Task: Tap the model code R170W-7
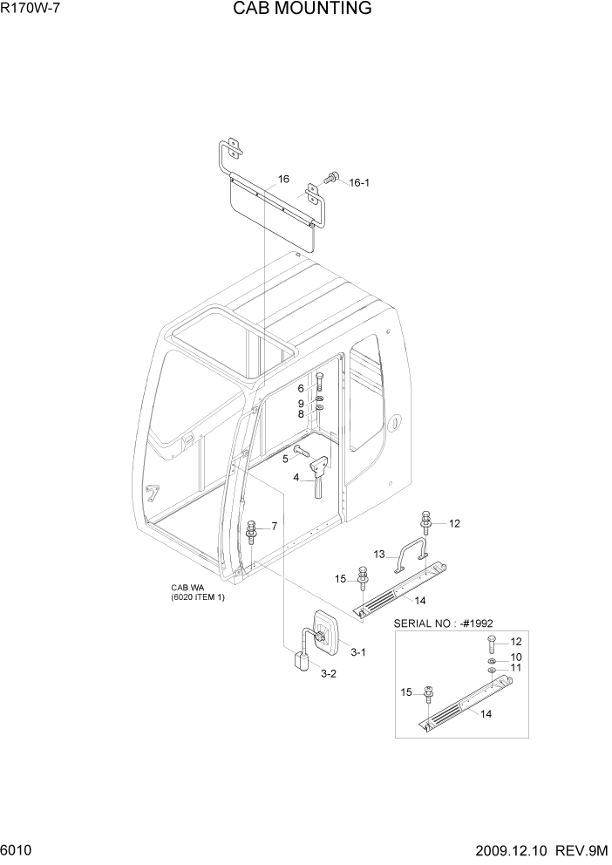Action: pyautogui.click(x=32, y=10)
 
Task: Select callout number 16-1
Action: pyautogui.click(x=360, y=183)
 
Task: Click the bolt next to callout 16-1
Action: pyautogui.click(x=331, y=177)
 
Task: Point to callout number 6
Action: pyautogui.click(x=301, y=388)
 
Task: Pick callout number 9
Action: pyautogui.click(x=301, y=404)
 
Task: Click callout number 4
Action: pyautogui.click(x=296, y=477)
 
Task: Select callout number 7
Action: pyautogui.click(x=274, y=526)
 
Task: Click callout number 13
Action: pyautogui.click(x=379, y=555)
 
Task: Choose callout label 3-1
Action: pyautogui.click(x=358, y=652)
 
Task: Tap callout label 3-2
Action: pyautogui.click(x=329, y=673)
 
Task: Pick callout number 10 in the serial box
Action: pyautogui.click(x=516, y=657)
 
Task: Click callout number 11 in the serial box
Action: pyautogui.click(x=516, y=668)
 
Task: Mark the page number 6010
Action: pyautogui.click(x=17, y=848)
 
